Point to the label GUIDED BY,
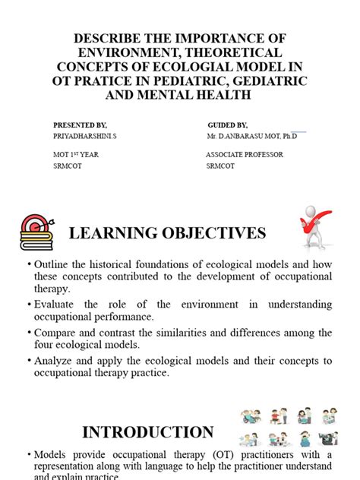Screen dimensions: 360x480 click(227, 125)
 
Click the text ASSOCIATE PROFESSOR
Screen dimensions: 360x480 click(245, 154)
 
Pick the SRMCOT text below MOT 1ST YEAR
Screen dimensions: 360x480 click(68, 166)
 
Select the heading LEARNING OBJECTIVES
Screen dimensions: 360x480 click(168, 233)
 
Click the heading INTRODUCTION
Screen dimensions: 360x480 click(148, 433)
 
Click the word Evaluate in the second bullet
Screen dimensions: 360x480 click(56, 305)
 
